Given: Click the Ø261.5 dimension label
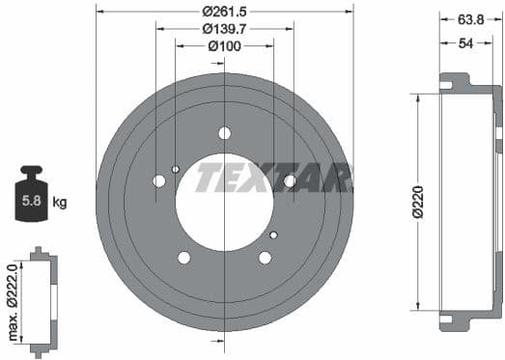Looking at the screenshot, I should coord(224,12).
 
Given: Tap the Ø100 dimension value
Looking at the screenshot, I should coord(224,45).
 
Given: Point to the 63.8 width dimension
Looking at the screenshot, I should coord(471,17).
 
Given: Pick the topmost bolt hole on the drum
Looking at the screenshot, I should coord(225,133).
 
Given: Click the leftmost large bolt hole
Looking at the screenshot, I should coord(159,180).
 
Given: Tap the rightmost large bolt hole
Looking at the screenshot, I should coord(290,180).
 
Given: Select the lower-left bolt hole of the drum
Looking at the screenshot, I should coord(184,257).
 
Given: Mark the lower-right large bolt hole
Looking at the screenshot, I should coord(265,257).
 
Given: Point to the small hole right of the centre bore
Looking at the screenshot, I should coord(273,235).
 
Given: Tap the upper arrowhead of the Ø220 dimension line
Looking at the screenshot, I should coord(417,97).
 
